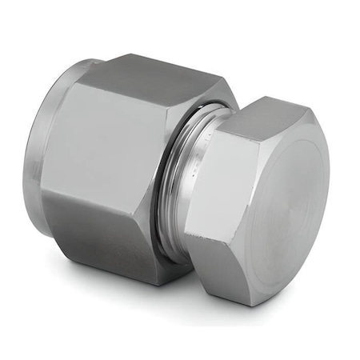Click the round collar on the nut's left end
(56, 152)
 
